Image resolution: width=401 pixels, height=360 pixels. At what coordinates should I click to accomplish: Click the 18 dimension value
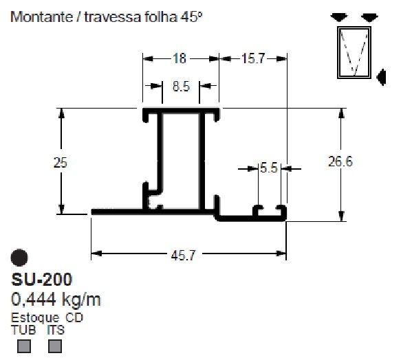coord(180,59)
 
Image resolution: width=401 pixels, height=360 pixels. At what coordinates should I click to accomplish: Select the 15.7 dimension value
coord(252,59)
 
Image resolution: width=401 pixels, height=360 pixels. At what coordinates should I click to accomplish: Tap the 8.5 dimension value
coord(175,87)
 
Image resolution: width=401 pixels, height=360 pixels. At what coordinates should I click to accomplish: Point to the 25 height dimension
coord(61,162)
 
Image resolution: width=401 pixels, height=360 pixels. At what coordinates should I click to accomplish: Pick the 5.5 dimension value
coord(268,167)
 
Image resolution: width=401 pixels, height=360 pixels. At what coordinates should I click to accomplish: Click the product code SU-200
coord(42,280)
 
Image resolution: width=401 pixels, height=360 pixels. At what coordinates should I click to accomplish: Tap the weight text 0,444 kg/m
coord(57,300)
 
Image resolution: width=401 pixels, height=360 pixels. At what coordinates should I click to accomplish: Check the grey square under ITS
coord(54,346)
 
